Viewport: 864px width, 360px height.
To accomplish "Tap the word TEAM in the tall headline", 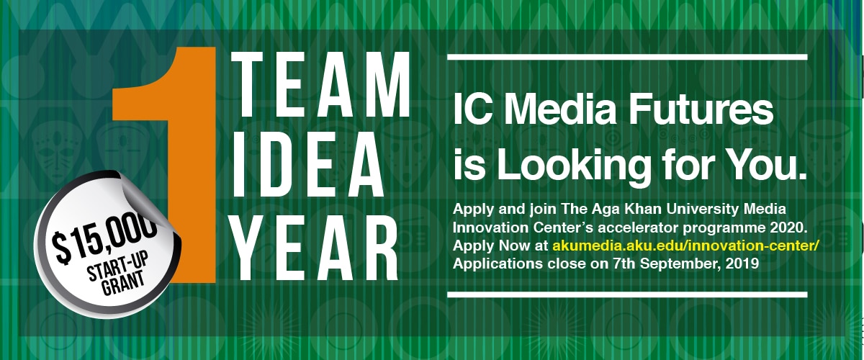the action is (x=320, y=84).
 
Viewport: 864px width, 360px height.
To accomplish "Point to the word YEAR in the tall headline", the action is (x=315, y=248).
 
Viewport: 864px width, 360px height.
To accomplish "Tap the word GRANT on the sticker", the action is (x=122, y=283).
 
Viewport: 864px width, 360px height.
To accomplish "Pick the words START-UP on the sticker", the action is (x=117, y=267).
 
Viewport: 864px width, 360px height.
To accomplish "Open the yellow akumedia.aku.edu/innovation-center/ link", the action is (x=685, y=246).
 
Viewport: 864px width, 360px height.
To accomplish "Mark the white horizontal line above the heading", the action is (x=627, y=58).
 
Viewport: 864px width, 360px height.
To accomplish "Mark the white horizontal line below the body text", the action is (x=627, y=294).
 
